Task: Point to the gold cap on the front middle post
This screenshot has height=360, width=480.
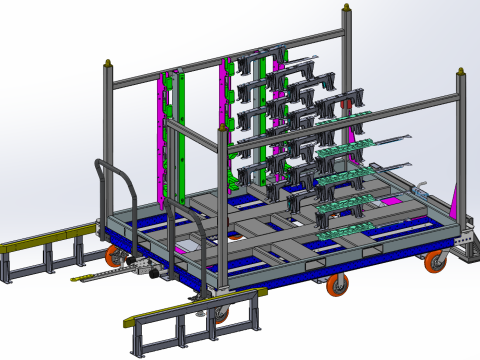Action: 223,128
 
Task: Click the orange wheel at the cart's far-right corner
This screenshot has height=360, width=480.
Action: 435,263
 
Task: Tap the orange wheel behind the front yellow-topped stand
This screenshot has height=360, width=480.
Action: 221,313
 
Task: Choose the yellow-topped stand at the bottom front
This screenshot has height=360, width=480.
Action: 195,306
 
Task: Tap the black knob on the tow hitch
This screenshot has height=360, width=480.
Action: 150,268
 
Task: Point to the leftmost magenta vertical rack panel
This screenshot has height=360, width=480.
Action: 163,130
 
